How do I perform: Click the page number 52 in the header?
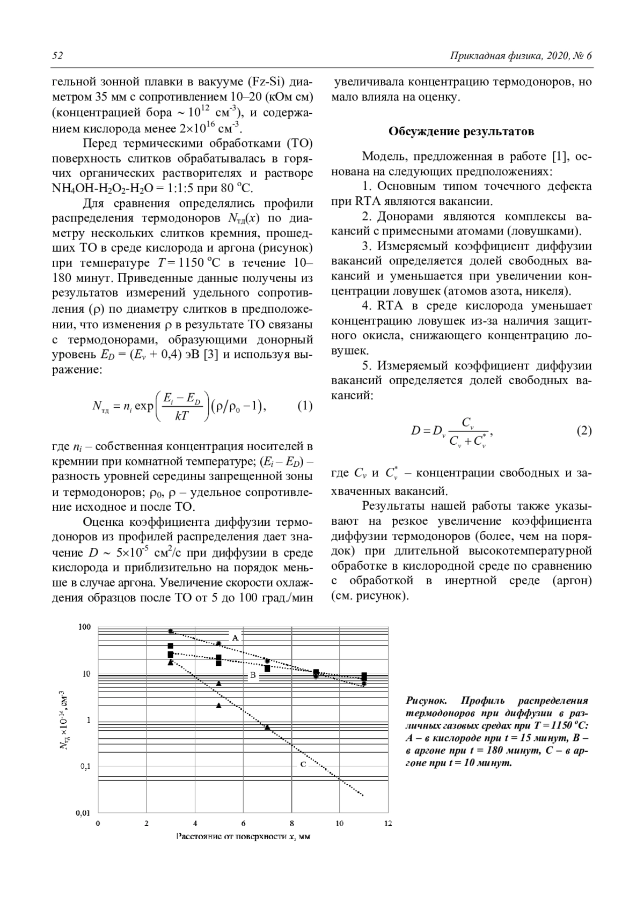(x=57, y=56)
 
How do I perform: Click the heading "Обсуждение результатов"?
(x=461, y=131)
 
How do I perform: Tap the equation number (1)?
(x=305, y=406)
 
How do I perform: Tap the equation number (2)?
(x=584, y=430)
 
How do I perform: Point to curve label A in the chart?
(x=235, y=638)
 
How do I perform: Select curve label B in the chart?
(x=253, y=675)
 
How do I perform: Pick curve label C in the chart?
(x=303, y=764)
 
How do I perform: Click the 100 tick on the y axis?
(x=85, y=627)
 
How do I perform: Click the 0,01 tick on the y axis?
(x=83, y=813)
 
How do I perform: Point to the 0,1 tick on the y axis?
(x=85, y=766)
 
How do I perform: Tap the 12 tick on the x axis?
(x=388, y=824)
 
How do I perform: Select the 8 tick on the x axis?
(x=291, y=824)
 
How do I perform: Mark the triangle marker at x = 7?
(x=267, y=726)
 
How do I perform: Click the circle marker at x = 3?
(x=171, y=631)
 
